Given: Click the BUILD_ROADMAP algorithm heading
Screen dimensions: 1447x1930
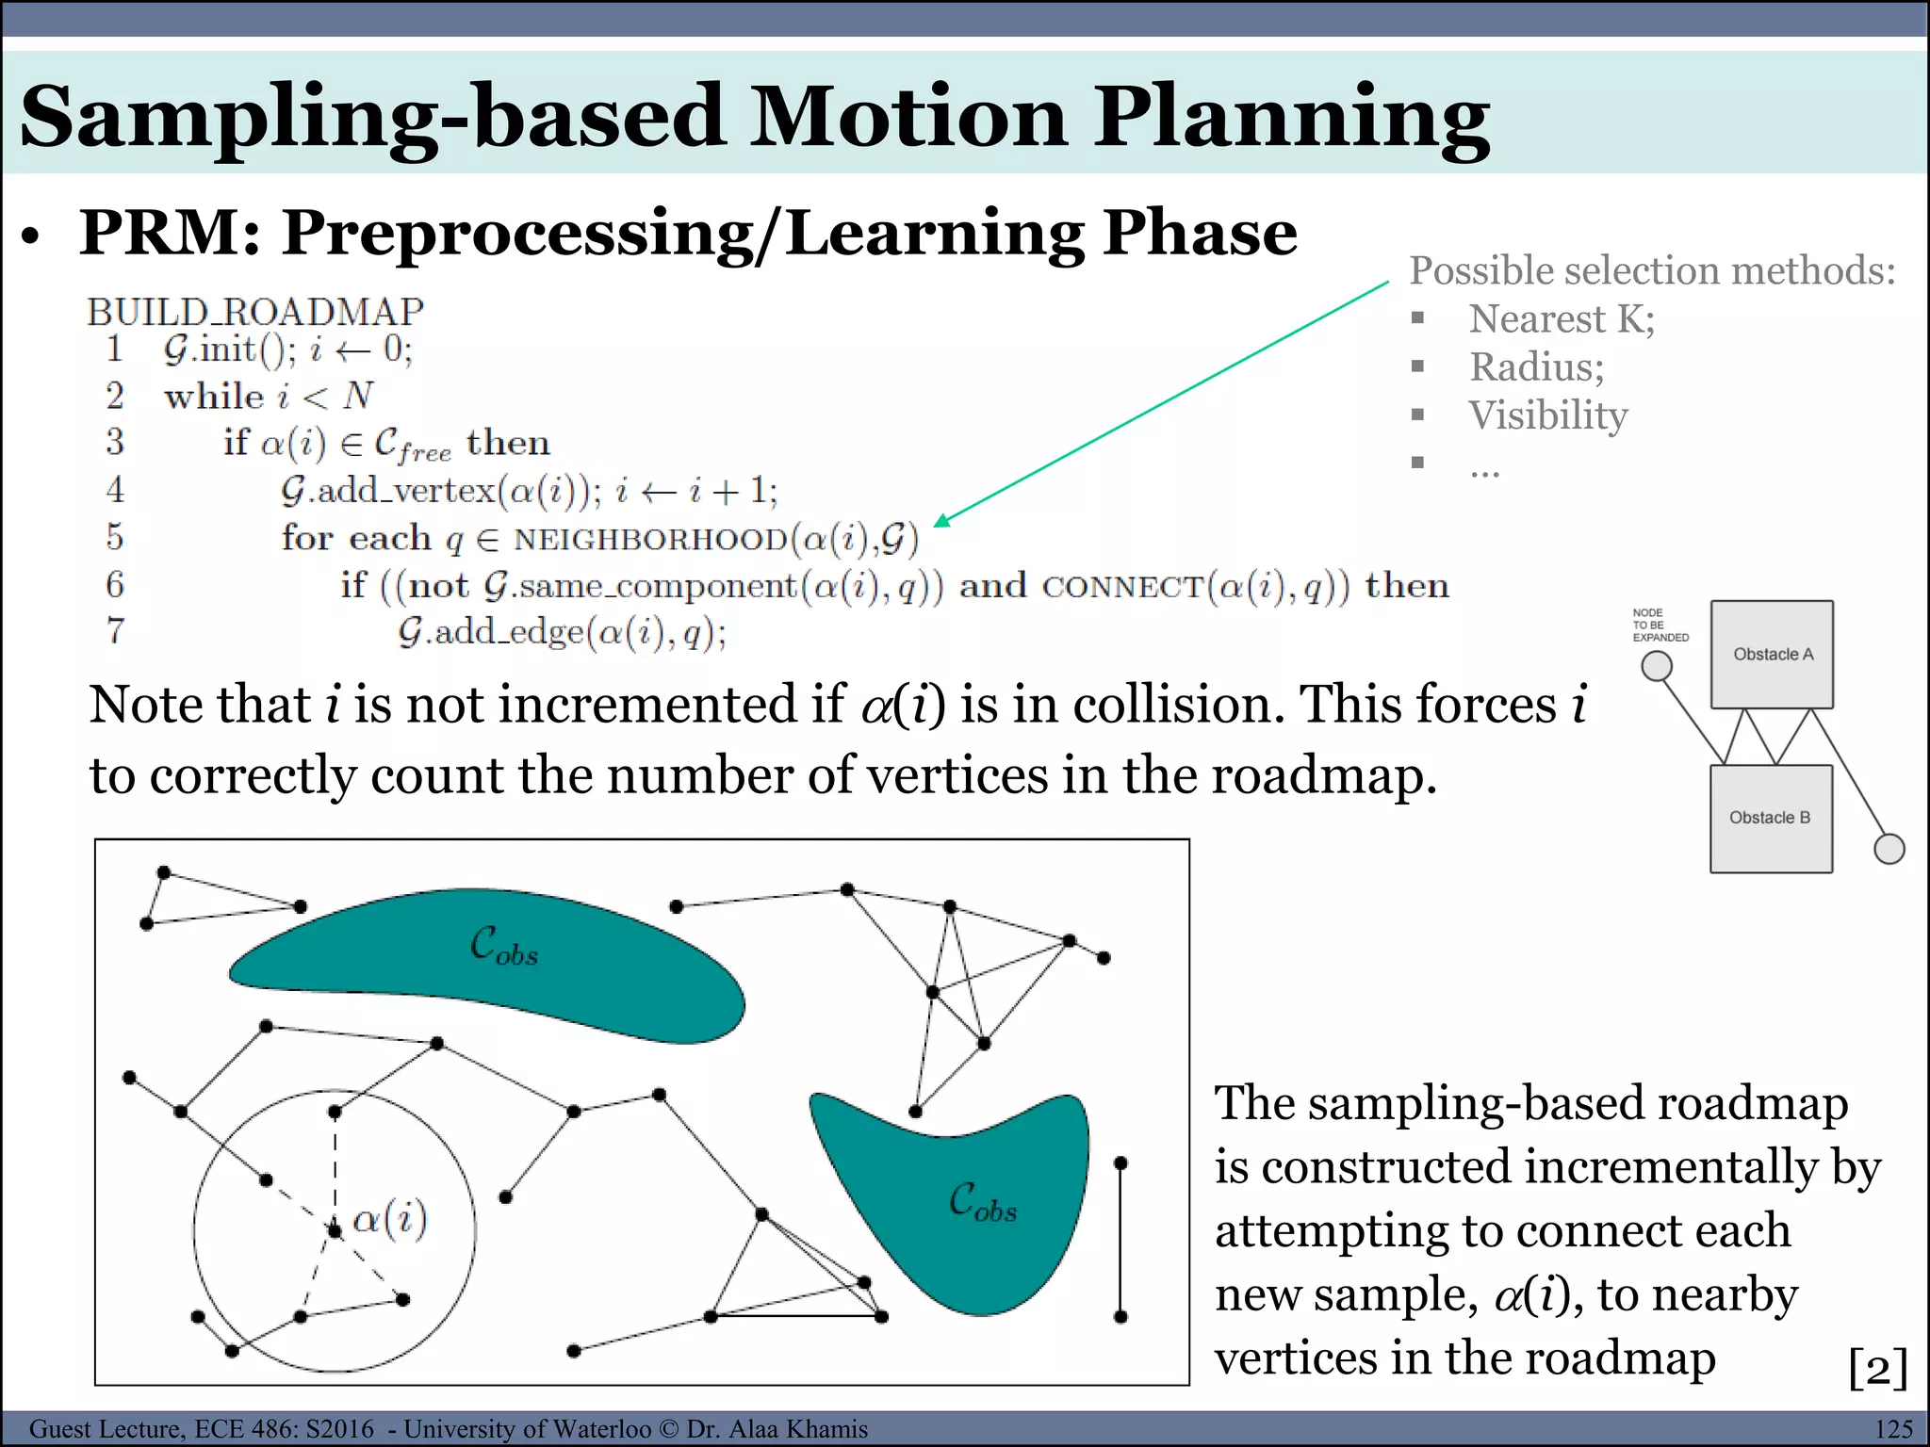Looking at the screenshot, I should pos(255,312).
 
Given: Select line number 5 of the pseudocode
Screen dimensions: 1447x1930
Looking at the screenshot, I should pos(115,537).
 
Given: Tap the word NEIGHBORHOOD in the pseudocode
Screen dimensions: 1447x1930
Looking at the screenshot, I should pos(650,540).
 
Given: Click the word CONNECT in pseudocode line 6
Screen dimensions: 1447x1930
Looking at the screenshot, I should pos(1121,587).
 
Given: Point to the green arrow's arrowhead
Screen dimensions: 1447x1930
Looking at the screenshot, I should pos(941,521).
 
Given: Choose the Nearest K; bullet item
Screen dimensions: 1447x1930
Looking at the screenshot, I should pos(1562,319).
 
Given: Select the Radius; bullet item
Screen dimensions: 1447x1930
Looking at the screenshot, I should pos(1536,367).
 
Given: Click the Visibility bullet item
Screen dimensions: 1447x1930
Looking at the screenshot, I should pos(1547,415).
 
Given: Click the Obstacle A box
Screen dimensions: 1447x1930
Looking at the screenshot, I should pos(1772,655).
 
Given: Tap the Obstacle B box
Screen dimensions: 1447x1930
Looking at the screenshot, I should pos(1770,818).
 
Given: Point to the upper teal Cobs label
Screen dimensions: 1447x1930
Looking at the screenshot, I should pos(504,946).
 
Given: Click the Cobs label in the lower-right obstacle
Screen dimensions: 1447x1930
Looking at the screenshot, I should pos(983,1203).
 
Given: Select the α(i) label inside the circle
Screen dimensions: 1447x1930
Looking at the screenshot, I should pos(389,1219).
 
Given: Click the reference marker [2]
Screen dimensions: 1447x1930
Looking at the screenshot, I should pos(1877,1367).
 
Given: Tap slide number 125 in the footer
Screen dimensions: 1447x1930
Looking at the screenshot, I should pos(1893,1429).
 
